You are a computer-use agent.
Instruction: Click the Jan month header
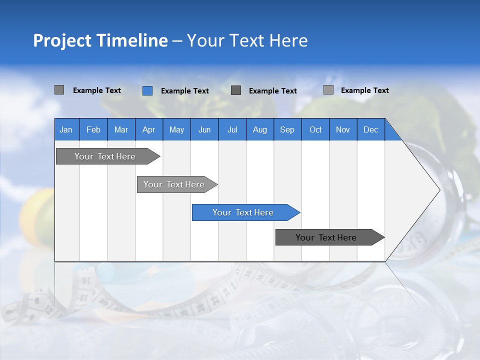66,129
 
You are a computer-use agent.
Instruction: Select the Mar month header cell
121,129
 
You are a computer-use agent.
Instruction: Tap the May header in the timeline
176,129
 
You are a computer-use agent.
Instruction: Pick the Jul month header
232,129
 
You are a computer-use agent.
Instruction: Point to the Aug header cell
259,129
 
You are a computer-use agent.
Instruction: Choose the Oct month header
315,129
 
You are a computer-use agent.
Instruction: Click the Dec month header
370,129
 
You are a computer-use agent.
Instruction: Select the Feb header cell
93,129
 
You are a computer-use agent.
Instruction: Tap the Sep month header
287,129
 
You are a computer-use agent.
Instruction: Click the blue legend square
147,90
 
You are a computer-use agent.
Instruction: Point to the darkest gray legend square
236,90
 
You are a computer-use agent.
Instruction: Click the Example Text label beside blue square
184,91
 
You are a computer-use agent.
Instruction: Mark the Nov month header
343,129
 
